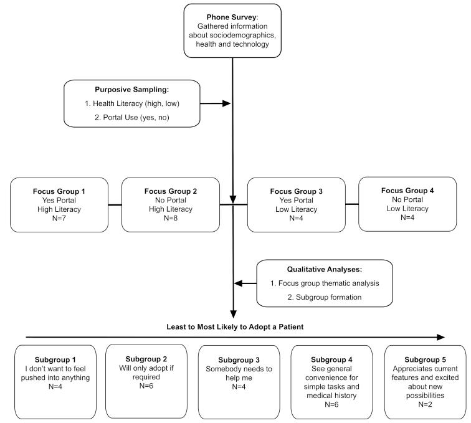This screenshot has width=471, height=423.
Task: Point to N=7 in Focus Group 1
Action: click(59, 218)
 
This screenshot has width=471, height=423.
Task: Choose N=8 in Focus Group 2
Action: click(170, 218)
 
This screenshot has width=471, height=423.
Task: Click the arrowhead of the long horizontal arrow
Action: click(441, 338)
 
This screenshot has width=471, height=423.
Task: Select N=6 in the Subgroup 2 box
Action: click(145, 387)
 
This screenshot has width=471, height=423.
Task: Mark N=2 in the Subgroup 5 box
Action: click(422, 396)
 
